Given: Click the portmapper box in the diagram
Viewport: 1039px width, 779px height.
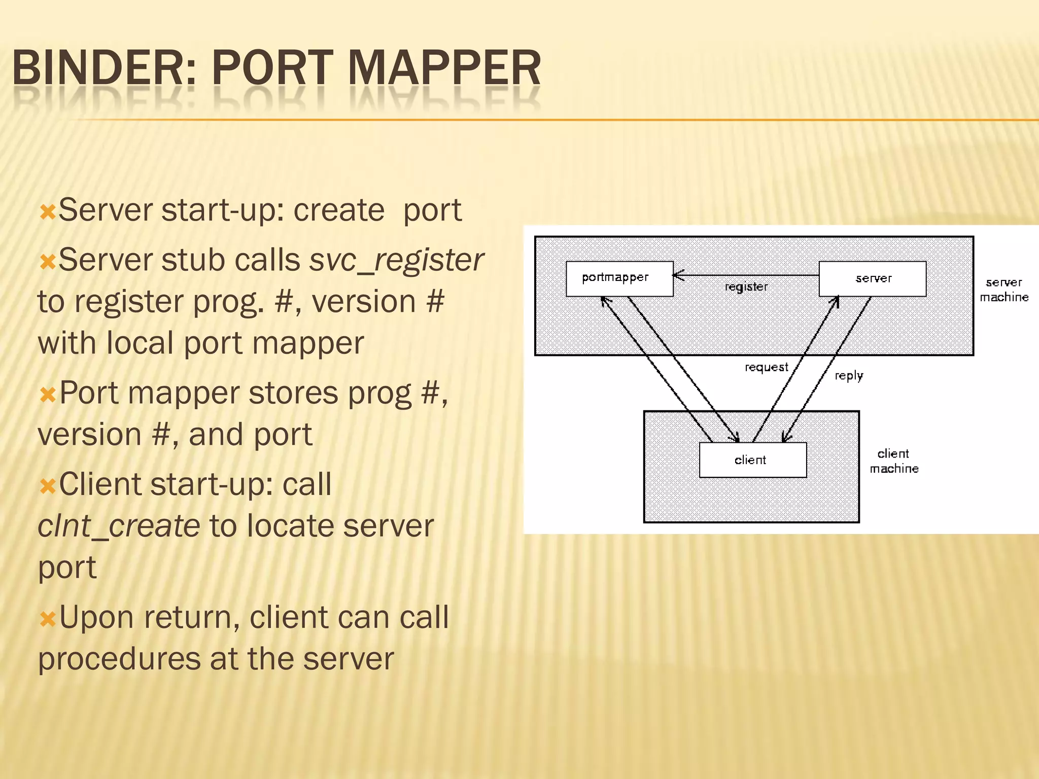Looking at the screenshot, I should (619, 278).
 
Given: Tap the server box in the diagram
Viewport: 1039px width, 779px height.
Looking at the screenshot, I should (873, 278).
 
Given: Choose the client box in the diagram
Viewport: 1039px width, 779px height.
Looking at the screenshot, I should (752, 460).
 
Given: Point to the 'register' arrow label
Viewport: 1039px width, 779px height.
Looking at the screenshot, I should (746, 287).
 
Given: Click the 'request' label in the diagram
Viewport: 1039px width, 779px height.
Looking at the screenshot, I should (766, 367).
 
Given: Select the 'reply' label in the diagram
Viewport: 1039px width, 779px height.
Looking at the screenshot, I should (849, 376).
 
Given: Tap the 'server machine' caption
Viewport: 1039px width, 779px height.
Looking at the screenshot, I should (1004, 290).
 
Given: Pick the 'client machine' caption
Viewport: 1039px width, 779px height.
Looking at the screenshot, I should (894, 461).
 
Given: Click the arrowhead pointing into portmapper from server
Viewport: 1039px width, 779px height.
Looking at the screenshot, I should (678, 275).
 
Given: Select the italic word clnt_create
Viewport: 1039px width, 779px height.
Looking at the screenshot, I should (119, 526).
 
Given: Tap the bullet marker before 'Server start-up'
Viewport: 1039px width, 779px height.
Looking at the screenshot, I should (48, 211).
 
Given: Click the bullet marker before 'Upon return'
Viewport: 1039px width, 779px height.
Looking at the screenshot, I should (48, 619).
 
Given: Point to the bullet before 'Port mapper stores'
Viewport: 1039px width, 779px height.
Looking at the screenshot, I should (48, 394).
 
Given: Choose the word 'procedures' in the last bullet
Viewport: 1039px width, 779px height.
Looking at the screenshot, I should (119, 659).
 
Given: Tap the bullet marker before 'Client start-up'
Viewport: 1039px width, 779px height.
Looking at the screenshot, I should (48, 486).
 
